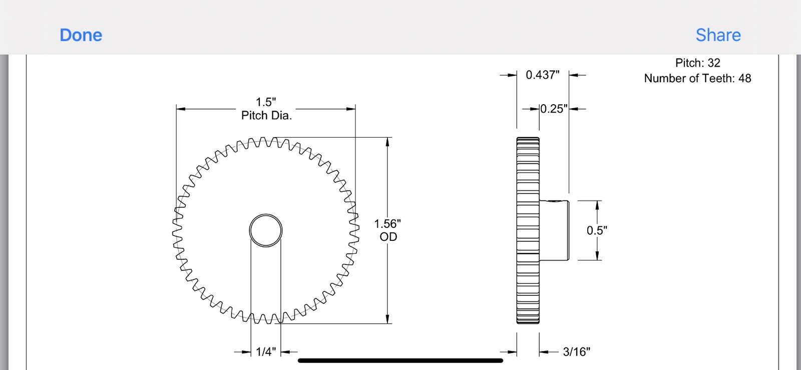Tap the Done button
(81, 35)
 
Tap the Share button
(718, 35)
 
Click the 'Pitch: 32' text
(697, 63)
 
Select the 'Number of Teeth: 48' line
(697, 79)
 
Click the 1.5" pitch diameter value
(266, 102)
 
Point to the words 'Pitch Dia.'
(266, 116)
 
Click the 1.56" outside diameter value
(387, 224)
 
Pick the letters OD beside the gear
(388, 237)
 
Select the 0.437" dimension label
(543, 75)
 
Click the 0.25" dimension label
(554, 109)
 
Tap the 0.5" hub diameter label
(597, 230)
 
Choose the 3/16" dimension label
(576, 352)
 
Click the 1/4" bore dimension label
(266, 352)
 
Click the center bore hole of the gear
(266, 230)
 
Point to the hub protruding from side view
(554, 230)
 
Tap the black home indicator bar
(400, 360)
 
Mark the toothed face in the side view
(528, 230)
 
